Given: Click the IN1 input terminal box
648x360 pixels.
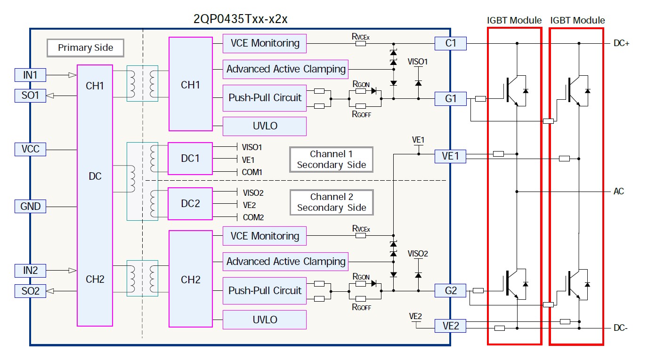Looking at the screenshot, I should click(30, 74).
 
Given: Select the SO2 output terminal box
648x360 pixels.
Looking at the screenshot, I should click(30, 291).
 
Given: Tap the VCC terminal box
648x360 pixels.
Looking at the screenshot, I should click(30, 150).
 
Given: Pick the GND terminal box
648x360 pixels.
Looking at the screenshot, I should click(30, 206).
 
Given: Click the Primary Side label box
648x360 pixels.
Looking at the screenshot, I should click(85, 48).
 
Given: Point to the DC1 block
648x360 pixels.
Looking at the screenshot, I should click(190, 159).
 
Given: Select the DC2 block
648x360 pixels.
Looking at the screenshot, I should click(190, 203).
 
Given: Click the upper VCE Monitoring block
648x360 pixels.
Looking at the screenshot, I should click(265, 43).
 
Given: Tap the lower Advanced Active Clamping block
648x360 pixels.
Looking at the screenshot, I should click(286, 262).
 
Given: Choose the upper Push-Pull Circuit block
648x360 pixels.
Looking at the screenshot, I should click(265, 98).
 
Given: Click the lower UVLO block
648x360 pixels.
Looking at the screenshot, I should click(265, 320).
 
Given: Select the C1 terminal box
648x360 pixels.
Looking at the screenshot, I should click(451, 43).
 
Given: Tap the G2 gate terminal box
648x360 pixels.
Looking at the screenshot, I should click(451, 290).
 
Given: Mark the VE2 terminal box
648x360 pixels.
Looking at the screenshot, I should click(451, 326).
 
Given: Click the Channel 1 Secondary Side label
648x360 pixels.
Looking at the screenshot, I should click(331, 160).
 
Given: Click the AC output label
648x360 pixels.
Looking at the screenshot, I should click(618, 192).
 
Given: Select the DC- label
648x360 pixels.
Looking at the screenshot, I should click(620, 328).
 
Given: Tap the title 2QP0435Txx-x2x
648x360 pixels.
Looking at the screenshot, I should click(241, 19).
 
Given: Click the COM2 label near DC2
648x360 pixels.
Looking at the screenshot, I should click(253, 217).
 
